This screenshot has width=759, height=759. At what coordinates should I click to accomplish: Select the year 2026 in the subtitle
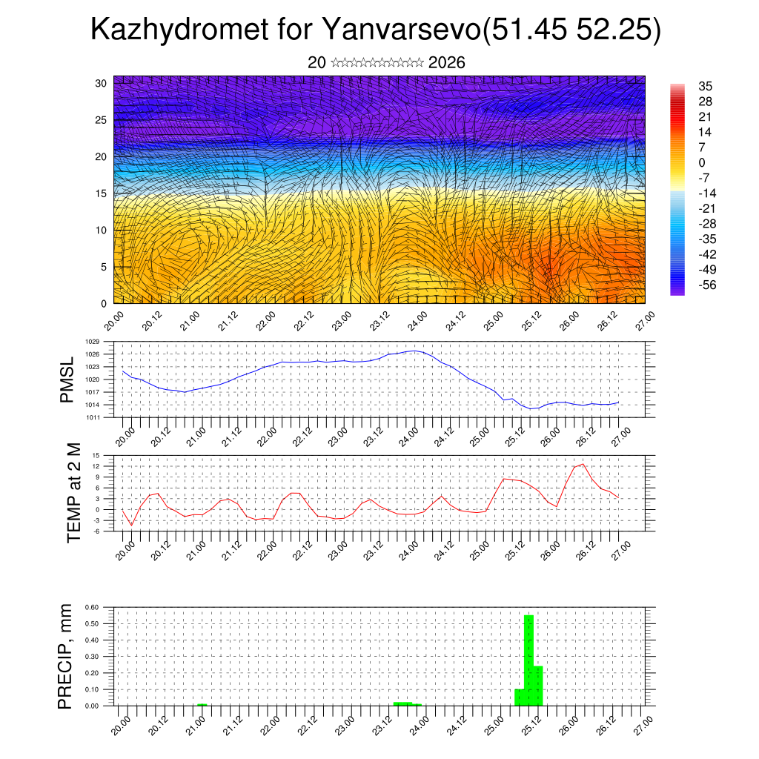pyautogui.click(x=447, y=63)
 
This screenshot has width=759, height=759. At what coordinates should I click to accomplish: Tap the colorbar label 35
pyautogui.click(x=705, y=87)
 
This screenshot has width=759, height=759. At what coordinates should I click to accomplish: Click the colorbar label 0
pyautogui.click(x=702, y=162)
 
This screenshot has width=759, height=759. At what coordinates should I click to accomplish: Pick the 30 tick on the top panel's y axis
pyautogui.click(x=101, y=83)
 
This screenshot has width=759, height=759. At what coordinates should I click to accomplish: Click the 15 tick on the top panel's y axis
pyautogui.click(x=101, y=193)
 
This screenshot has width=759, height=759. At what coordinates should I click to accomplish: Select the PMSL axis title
pyautogui.click(x=67, y=380)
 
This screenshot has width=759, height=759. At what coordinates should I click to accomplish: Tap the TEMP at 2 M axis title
pyautogui.click(x=74, y=492)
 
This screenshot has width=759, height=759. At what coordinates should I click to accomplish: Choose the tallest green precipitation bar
pyautogui.click(x=528, y=660)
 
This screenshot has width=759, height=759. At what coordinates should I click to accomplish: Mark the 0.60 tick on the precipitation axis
pyautogui.click(x=91, y=607)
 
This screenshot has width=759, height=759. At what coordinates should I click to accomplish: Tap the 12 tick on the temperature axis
pyautogui.click(x=96, y=466)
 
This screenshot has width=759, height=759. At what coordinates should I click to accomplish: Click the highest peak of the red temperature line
pyautogui.click(x=583, y=464)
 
